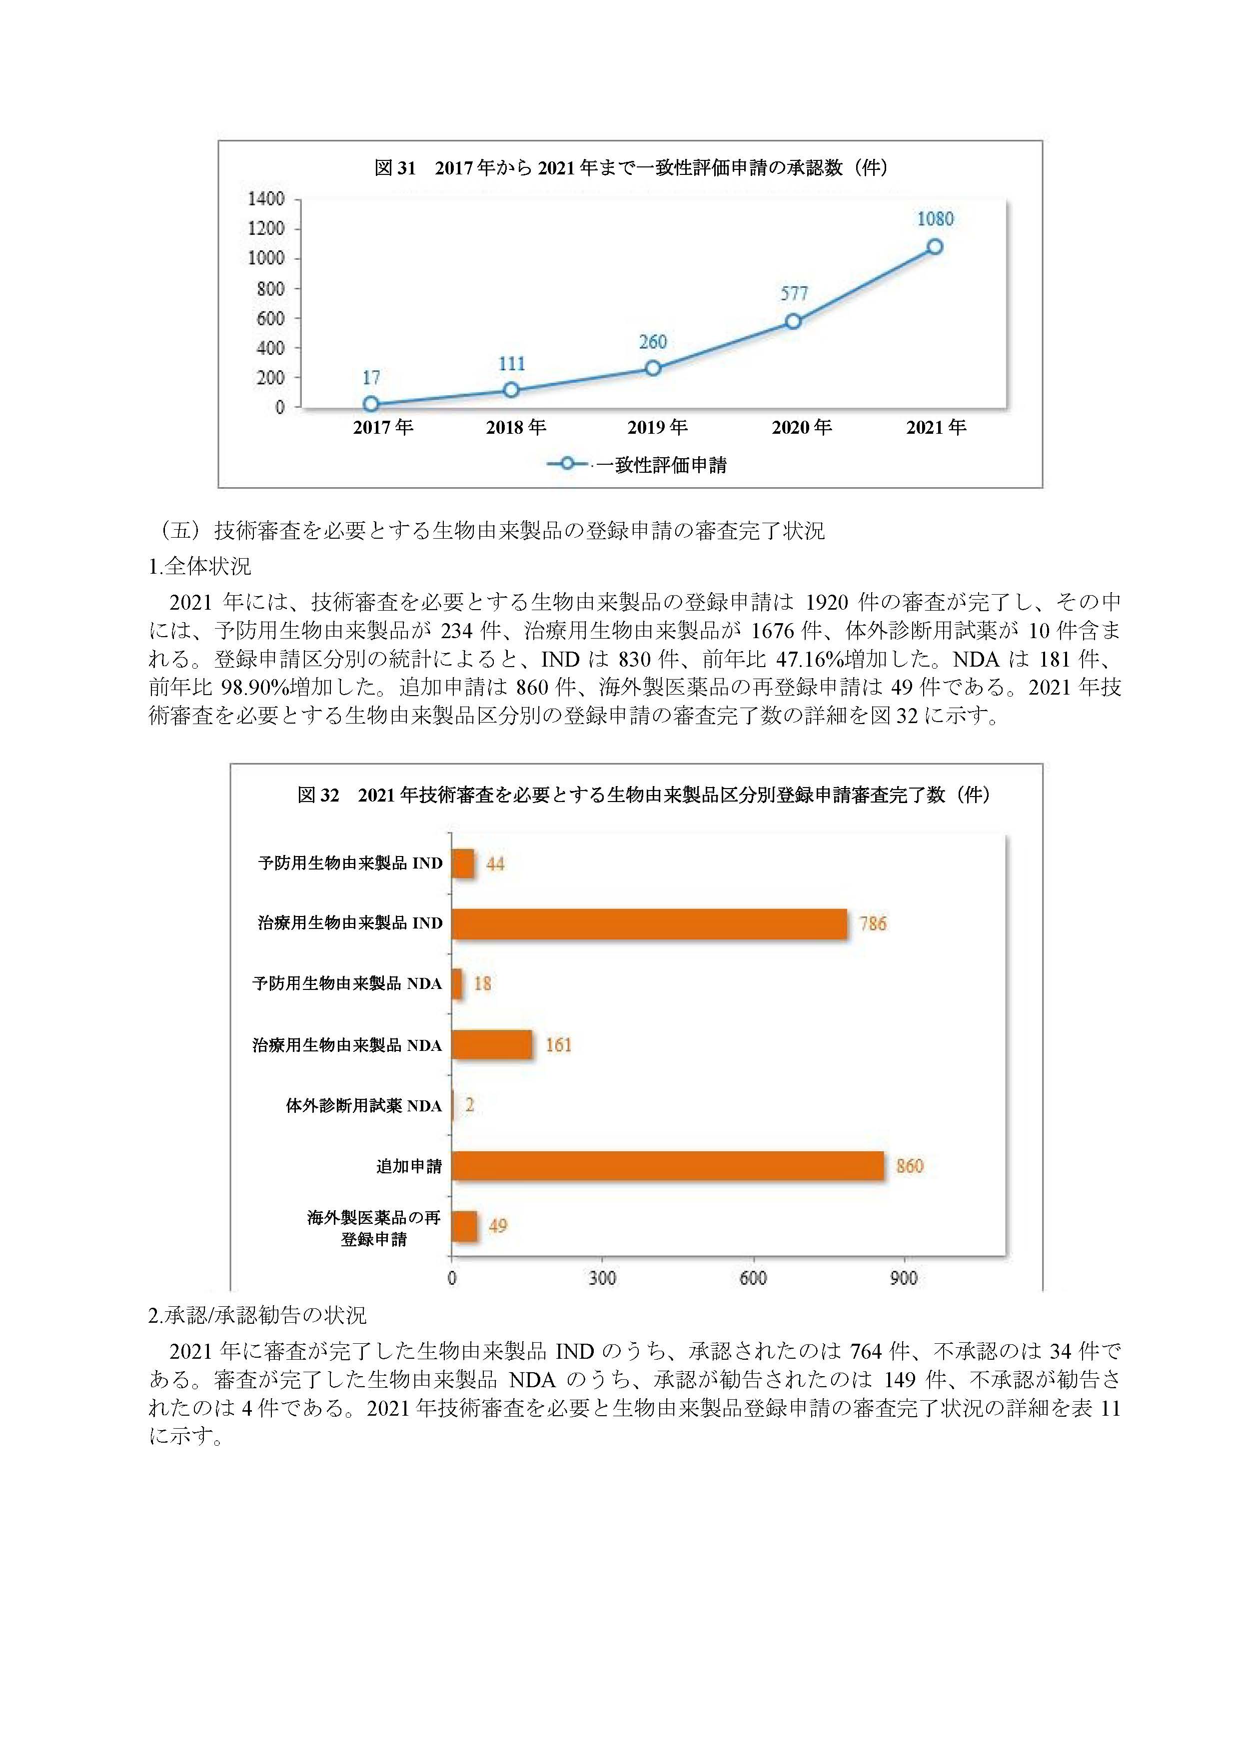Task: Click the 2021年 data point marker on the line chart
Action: pyautogui.click(x=934, y=247)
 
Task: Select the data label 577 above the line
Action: pyautogui.click(x=794, y=293)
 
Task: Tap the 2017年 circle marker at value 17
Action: pyautogui.click(x=371, y=404)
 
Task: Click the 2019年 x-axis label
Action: pyautogui.click(x=657, y=428)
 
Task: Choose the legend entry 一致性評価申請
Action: pyautogui.click(x=637, y=464)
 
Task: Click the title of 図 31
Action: pyautogui.click(x=631, y=168)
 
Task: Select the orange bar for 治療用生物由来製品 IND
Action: pyautogui.click(x=650, y=924)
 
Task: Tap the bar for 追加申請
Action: pyautogui.click(x=668, y=1166)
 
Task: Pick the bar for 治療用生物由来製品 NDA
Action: pyautogui.click(x=492, y=1044)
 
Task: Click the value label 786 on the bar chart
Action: pyautogui.click(x=873, y=924)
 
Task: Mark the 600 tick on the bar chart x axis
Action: pyautogui.click(x=753, y=1278)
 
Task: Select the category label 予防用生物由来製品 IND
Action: pyautogui.click(x=350, y=864)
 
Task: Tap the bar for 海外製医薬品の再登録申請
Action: pyautogui.click(x=465, y=1226)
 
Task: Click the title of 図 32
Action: pyautogui.click(x=644, y=796)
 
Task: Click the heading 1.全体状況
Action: pyautogui.click(x=200, y=567)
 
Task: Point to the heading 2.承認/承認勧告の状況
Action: pyautogui.click(x=257, y=1316)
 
